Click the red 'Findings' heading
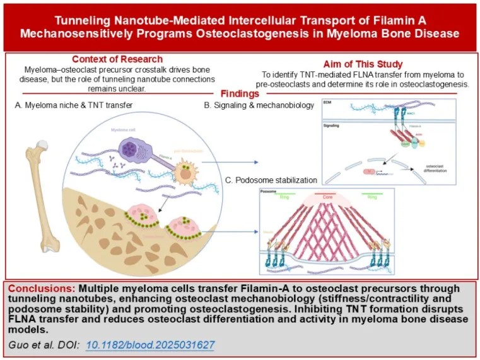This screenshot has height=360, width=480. (239, 93)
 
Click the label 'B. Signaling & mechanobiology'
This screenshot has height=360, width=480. (259, 106)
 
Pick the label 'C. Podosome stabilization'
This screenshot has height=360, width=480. (272, 181)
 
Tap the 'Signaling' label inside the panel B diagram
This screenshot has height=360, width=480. (332, 125)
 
